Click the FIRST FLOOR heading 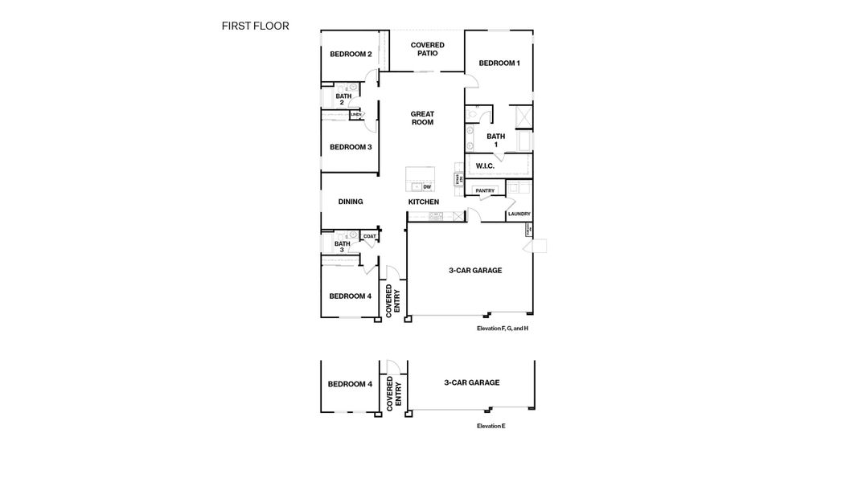(x=255, y=26)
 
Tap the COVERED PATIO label (x=427, y=49)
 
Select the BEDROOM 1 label (x=499, y=63)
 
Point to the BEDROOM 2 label (x=351, y=55)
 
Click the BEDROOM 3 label (x=351, y=147)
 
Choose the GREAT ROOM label (x=422, y=118)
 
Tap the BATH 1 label (x=496, y=140)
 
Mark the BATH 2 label (x=343, y=99)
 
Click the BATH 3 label (x=342, y=247)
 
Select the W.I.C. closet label (x=485, y=166)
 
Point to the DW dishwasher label (x=427, y=186)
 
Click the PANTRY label (x=485, y=190)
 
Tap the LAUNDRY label (x=519, y=214)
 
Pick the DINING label (x=351, y=202)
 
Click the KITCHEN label (x=424, y=202)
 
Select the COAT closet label (x=369, y=236)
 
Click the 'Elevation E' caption (x=491, y=426)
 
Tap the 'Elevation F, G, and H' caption (x=502, y=329)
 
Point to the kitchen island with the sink (x=420, y=178)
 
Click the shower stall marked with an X (x=520, y=116)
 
